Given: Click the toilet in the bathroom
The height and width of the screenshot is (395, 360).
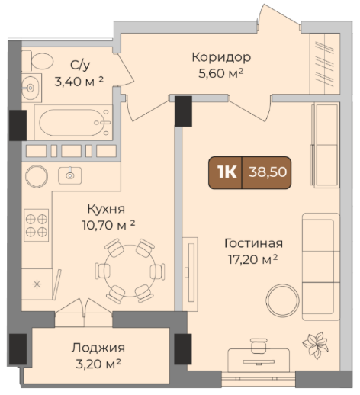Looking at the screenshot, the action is pyautogui.click(x=37, y=61).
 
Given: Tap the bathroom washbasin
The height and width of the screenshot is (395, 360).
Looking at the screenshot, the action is pyautogui.click(x=31, y=88).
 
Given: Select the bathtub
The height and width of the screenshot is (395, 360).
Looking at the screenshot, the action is pyautogui.click(x=73, y=123).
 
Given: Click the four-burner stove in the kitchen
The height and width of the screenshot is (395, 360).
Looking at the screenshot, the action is pyautogui.click(x=37, y=225).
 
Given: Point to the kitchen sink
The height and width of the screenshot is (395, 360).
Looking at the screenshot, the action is pyautogui.click(x=70, y=175).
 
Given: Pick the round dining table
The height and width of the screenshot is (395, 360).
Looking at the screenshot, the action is pyautogui.click(x=130, y=271).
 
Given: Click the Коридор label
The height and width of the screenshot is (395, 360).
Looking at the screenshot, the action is pyautogui.click(x=221, y=57).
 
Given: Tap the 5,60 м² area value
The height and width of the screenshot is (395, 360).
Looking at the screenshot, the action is pyautogui.click(x=220, y=74).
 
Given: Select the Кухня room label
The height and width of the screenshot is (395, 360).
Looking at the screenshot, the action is pyautogui.click(x=106, y=210).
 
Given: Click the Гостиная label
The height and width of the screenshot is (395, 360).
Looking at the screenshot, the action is pyautogui.click(x=253, y=243).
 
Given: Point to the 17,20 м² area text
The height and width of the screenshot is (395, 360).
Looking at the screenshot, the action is pyautogui.click(x=252, y=259).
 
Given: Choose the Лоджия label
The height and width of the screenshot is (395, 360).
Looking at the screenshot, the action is pyautogui.click(x=98, y=348).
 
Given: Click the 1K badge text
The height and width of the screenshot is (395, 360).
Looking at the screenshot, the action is pyautogui.click(x=227, y=172).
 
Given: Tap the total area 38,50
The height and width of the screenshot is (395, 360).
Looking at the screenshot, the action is pyautogui.click(x=268, y=172).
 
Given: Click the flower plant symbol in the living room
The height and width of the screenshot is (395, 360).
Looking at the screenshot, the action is pyautogui.click(x=315, y=345).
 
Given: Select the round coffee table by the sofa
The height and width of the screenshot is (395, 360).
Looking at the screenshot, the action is pyautogui.click(x=282, y=300).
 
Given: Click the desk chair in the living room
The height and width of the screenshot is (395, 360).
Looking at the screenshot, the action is pyautogui.click(x=259, y=346).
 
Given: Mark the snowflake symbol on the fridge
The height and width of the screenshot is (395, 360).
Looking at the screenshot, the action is pyautogui.click(x=37, y=284).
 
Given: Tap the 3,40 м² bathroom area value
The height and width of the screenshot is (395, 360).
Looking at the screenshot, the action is pyautogui.click(x=79, y=82).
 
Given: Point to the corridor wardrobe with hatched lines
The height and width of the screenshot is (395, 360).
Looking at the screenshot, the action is pyautogui.click(x=325, y=63).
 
